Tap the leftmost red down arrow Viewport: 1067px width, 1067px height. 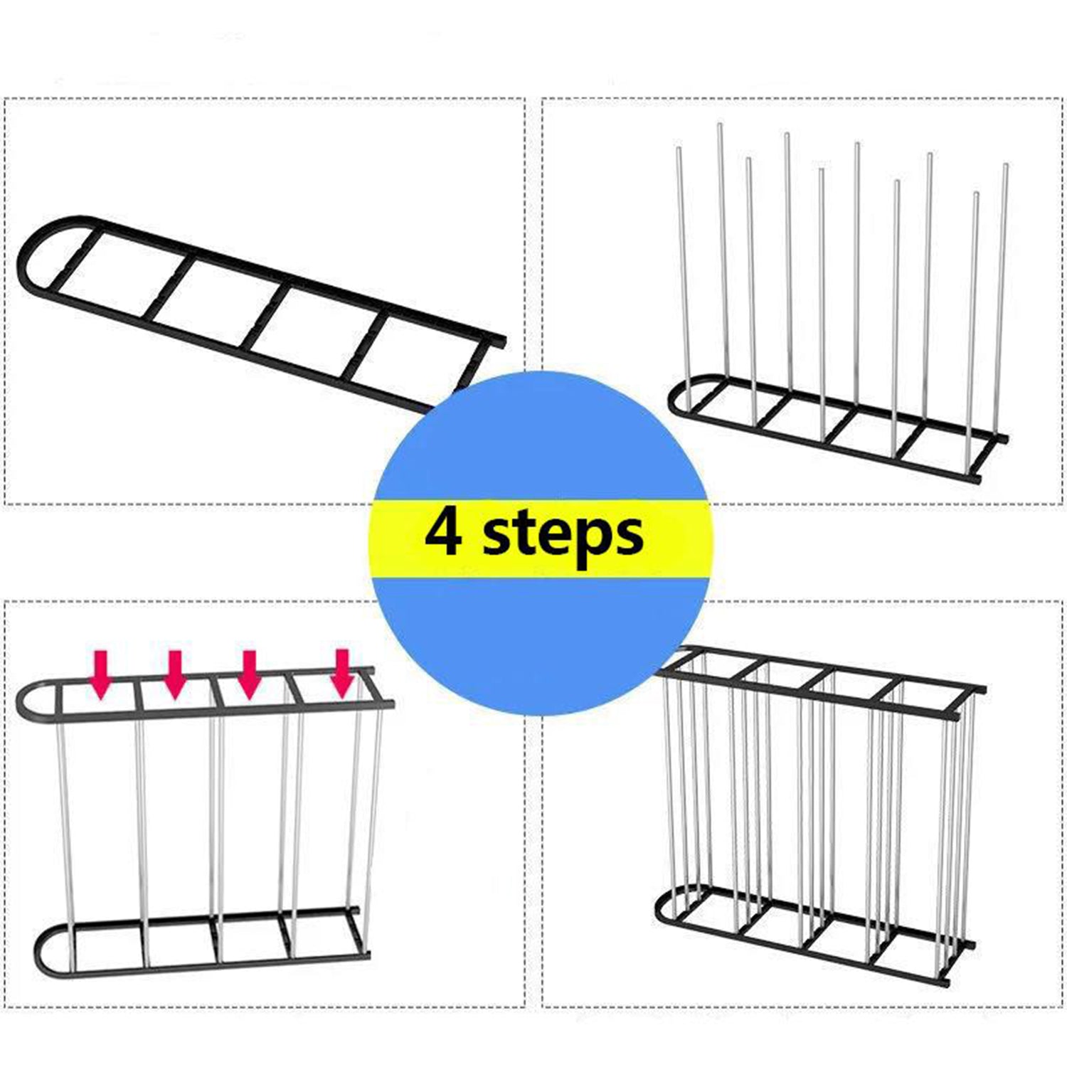[x=101, y=673]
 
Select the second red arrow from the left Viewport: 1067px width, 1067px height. [x=175, y=673]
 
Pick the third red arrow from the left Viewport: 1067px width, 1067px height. [x=248, y=673]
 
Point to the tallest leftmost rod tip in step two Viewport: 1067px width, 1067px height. [x=720, y=127]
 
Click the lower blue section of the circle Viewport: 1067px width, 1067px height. [x=539, y=633]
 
